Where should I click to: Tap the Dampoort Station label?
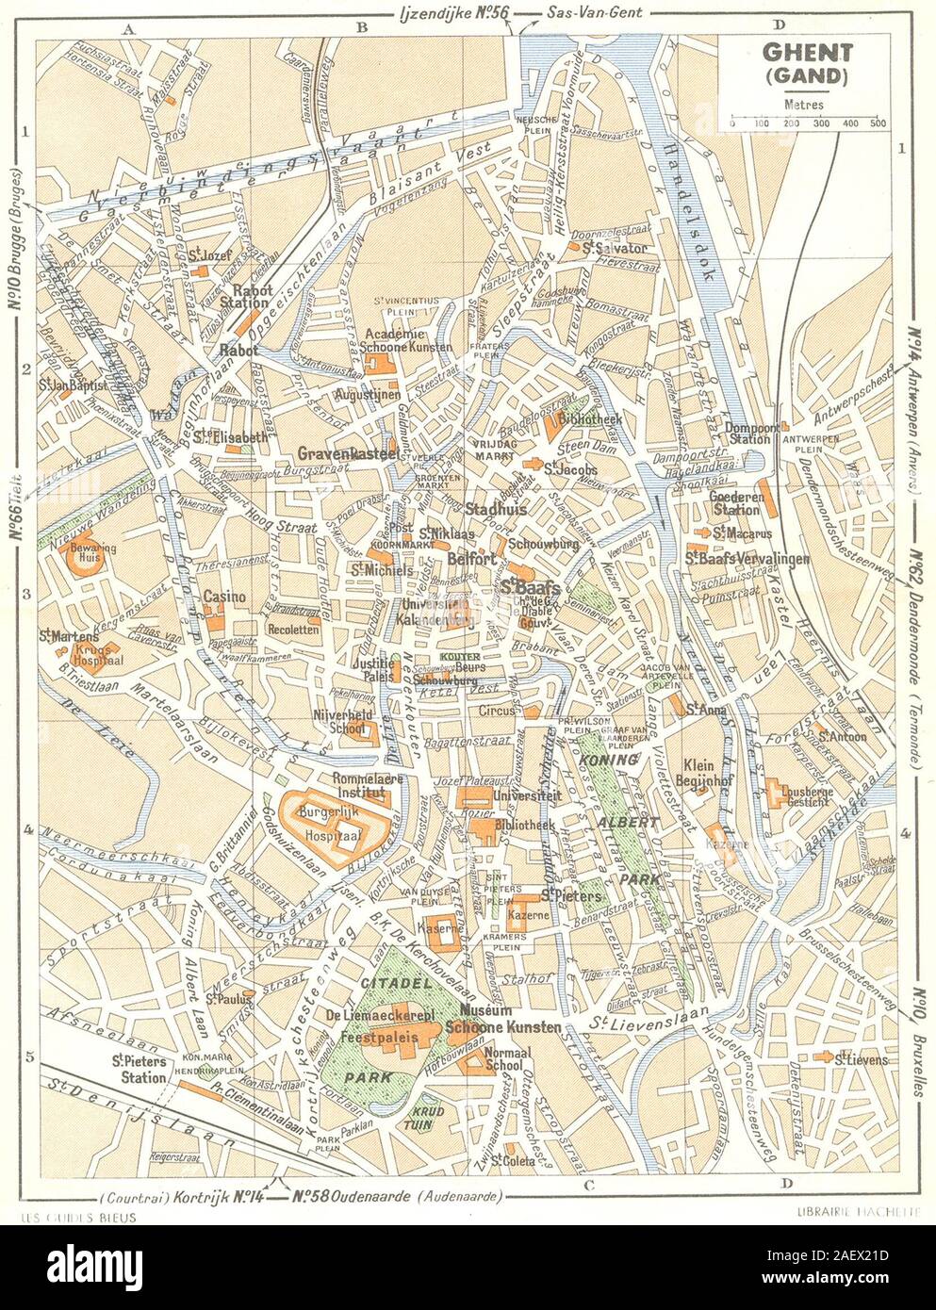[x=750, y=432]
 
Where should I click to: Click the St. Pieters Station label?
[x=138, y=1069]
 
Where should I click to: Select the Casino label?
[x=224, y=597]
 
